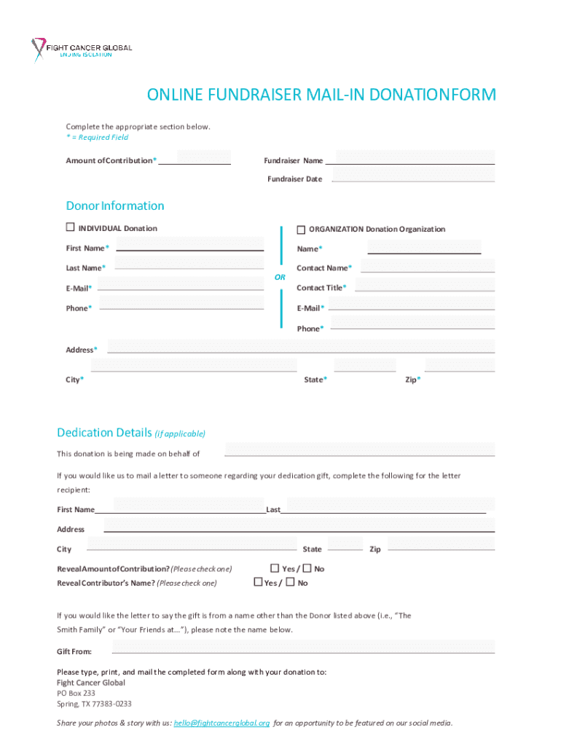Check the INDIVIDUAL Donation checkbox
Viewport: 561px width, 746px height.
[x=71, y=227]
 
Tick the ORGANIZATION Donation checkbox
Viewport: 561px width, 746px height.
[x=301, y=229]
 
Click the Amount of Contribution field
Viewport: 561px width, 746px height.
[x=203, y=157]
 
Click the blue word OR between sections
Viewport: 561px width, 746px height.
[x=280, y=278]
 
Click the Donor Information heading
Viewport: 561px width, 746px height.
[x=115, y=205]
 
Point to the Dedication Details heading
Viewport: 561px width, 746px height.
[x=106, y=433]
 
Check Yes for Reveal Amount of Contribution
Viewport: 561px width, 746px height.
[x=275, y=568]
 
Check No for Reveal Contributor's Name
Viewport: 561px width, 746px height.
[x=290, y=582]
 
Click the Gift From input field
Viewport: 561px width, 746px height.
[x=302, y=647]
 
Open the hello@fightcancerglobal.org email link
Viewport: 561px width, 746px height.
[x=221, y=723]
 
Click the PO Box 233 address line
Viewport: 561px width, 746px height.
[x=76, y=694]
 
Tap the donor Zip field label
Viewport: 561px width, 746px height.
[x=412, y=380]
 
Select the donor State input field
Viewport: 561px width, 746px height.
[x=364, y=365]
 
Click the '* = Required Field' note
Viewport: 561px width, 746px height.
[x=97, y=137]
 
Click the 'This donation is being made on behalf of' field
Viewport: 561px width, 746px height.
[x=359, y=449]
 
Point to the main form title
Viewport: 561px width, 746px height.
[x=321, y=95]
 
